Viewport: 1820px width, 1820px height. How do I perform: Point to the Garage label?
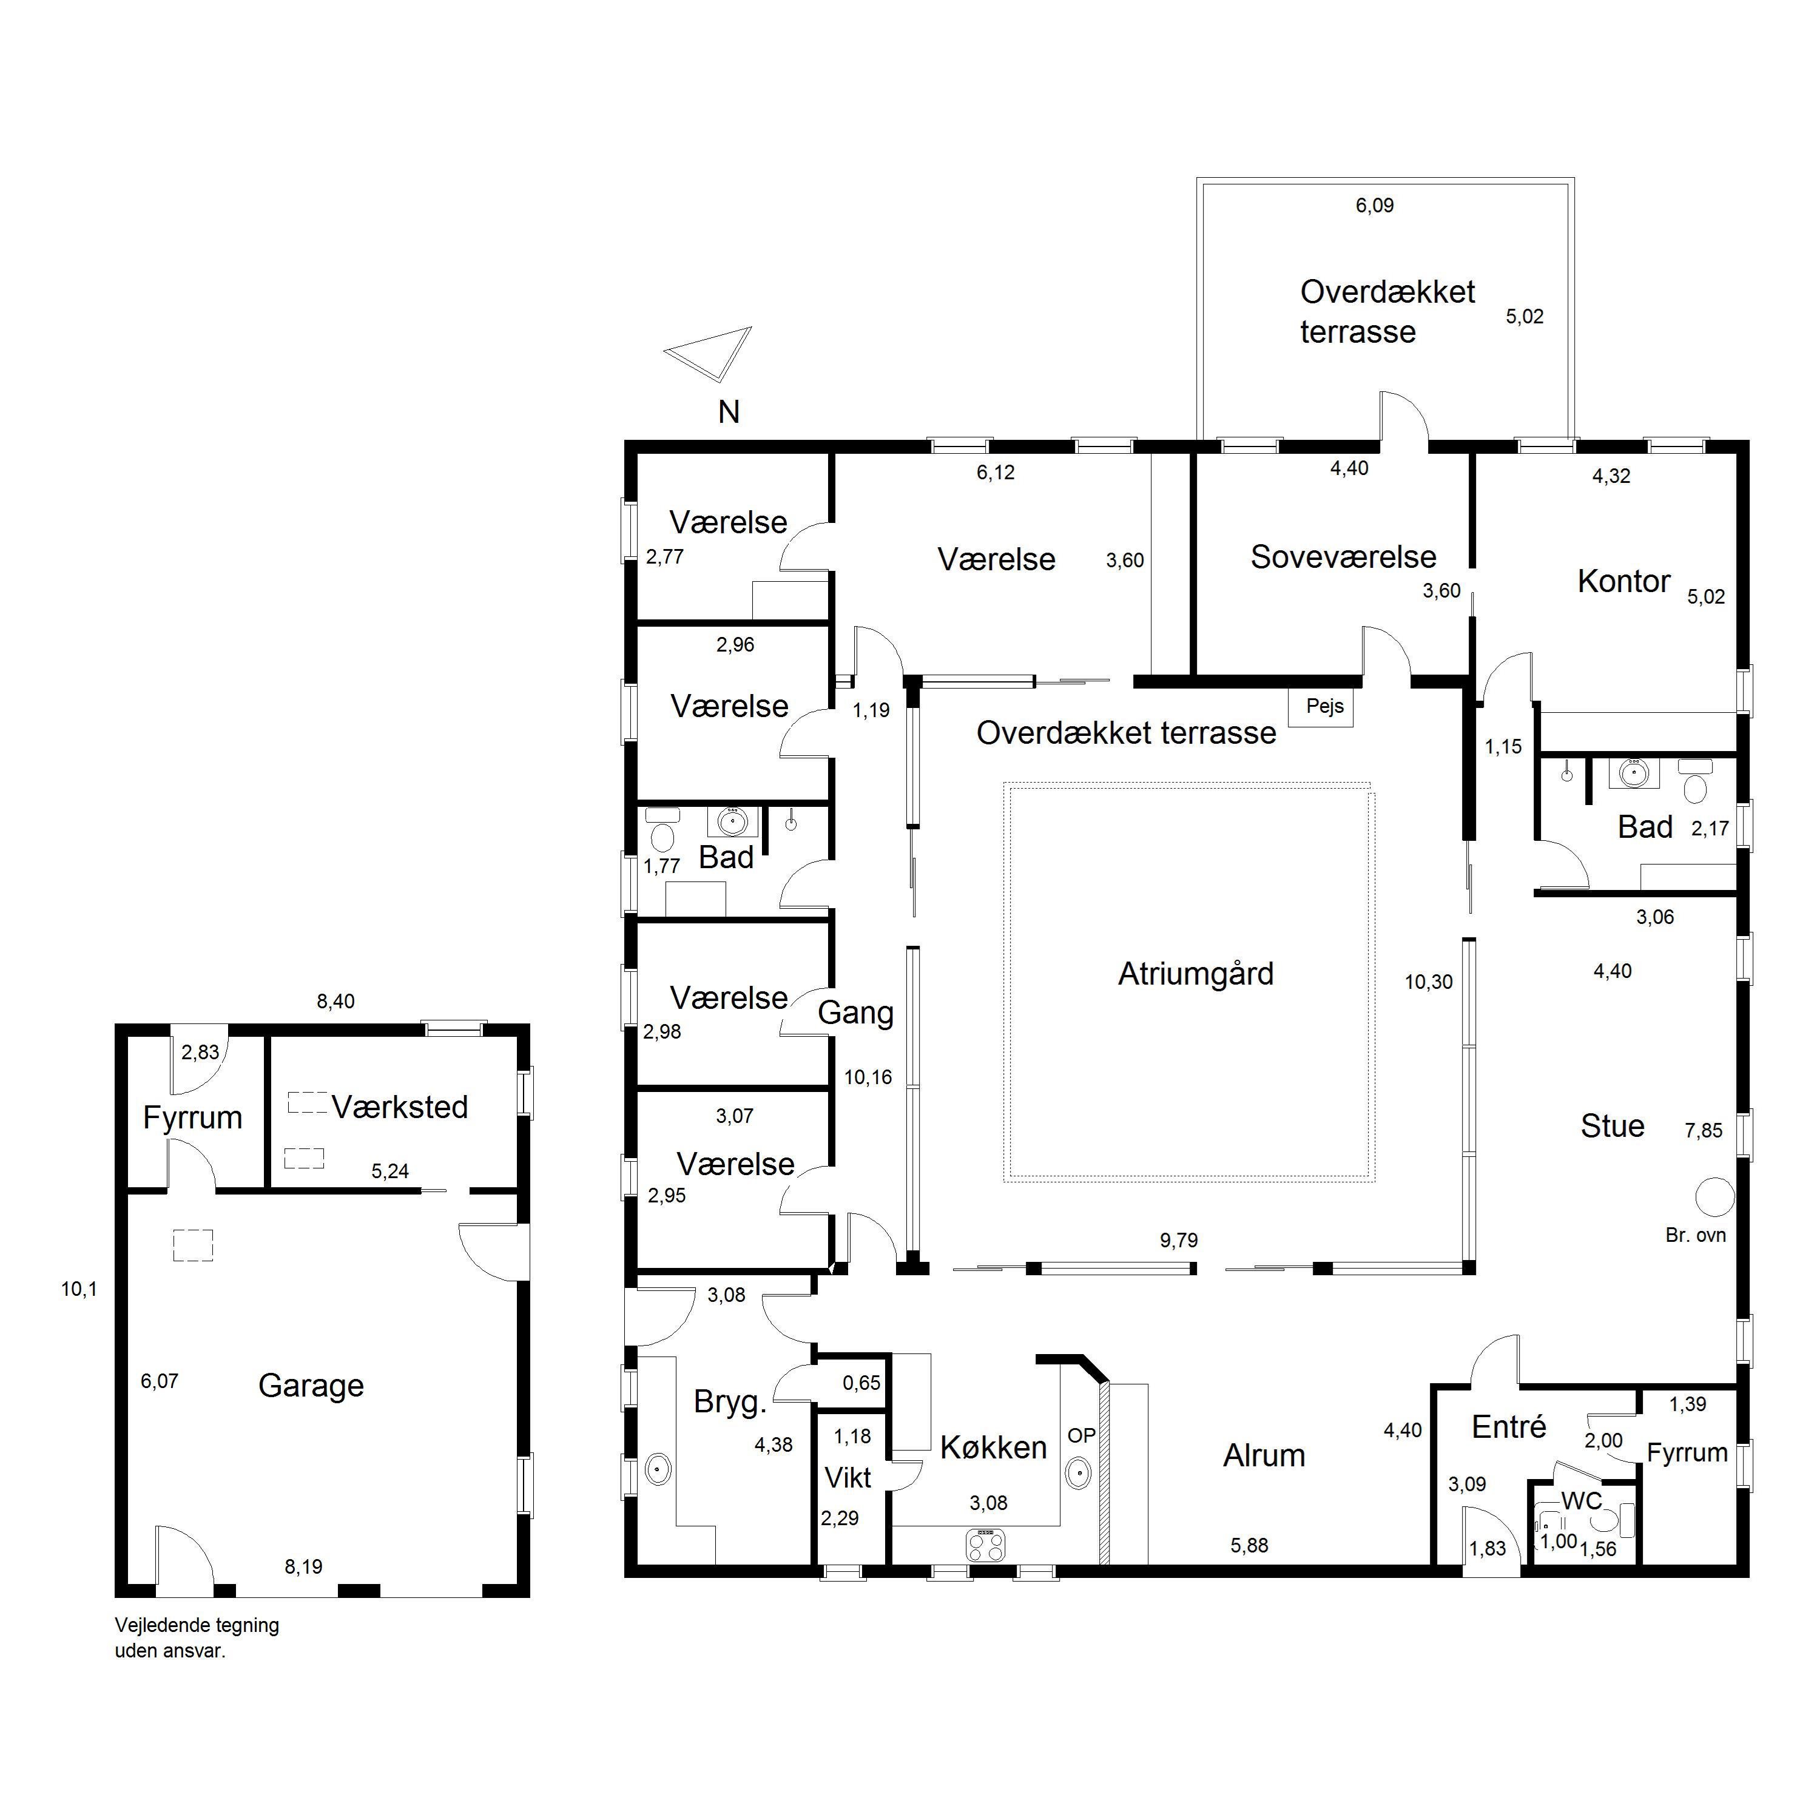(311, 1386)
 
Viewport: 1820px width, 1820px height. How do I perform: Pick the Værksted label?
(399, 1107)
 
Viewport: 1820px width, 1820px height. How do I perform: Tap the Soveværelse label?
(1343, 557)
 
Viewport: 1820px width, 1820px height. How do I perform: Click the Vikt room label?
(848, 1477)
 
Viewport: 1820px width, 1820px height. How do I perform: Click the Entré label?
(1508, 1426)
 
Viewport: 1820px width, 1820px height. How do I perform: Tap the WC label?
(1582, 1501)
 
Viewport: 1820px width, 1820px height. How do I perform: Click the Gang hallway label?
(855, 1014)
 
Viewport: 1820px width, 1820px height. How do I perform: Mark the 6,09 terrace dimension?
(1375, 206)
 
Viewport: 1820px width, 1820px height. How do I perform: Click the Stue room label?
(1612, 1126)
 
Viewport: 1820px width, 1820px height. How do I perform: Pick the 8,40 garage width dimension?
(335, 1002)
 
